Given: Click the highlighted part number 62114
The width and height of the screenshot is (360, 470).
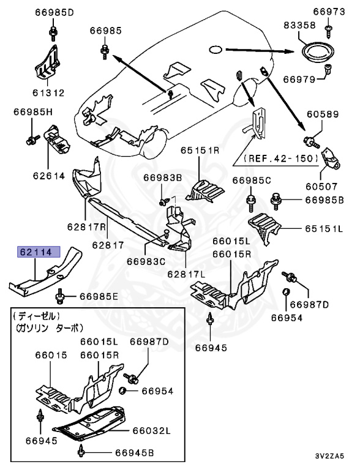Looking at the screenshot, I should pos(39,251).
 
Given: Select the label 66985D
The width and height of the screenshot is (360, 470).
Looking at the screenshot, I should pos(53,12).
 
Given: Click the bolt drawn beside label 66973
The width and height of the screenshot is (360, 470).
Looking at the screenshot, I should pos(328,25).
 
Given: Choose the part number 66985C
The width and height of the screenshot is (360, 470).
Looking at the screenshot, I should pos(251,180).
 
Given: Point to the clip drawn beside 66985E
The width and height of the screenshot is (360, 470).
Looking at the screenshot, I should pos(61,296).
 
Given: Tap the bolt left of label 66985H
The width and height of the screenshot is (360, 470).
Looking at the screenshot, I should pos(31,139).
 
